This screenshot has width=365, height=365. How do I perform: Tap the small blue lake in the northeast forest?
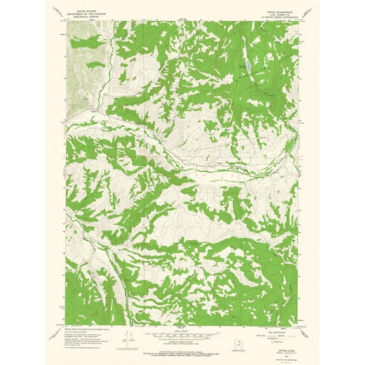coord(248,65)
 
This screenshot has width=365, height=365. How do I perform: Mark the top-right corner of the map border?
coord(297,22)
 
